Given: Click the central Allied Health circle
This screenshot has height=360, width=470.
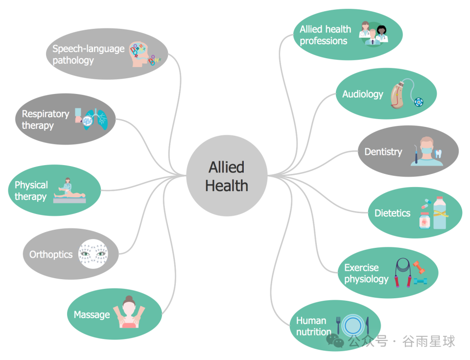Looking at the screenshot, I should (x=227, y=176).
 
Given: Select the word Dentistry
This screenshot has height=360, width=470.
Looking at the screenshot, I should (x=383, y=152).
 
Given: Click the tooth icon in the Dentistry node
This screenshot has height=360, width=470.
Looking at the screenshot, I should (x=438, y=153).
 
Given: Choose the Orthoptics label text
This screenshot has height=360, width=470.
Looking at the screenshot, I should (x=51, y=255).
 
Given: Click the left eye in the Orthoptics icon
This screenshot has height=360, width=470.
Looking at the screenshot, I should (x=86, y=254).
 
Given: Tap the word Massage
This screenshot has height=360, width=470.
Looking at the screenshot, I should (x=92, y=314).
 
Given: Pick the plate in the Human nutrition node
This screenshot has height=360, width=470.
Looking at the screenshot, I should (x=352, y=325).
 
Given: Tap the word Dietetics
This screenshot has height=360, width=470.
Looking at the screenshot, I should (x=392, y=213).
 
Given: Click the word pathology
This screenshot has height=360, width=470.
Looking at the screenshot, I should (x=73, y=60).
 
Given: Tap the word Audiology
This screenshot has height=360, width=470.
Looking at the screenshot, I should (x=363, y=94).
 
